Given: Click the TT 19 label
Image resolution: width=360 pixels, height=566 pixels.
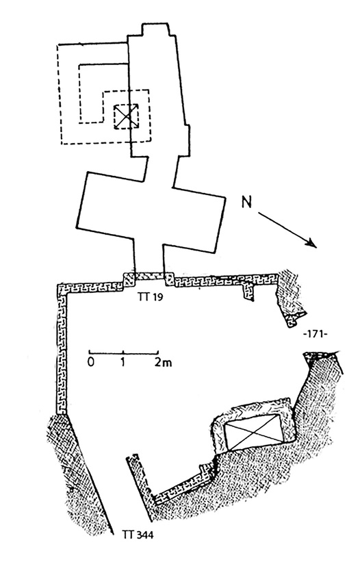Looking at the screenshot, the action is click(x=150, y=296).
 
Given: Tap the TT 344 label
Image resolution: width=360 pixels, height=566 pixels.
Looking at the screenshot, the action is click(x=138, y=535).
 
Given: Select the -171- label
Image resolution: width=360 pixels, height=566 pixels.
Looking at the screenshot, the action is click(x=315, y=334).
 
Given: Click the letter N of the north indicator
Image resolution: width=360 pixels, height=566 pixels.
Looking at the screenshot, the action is click(x=246, y=203).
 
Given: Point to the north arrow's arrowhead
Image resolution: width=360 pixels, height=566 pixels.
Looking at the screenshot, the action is click(x=311, y=244).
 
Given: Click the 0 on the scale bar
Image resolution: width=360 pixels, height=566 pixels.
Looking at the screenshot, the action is click(x=90, y=362).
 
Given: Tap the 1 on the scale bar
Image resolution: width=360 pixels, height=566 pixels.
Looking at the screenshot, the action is click(x=123, y=362).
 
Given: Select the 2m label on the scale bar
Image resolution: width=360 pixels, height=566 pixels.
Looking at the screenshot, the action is click(x=163, y=363).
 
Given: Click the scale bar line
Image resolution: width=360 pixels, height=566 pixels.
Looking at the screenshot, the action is click(x=123, y=352).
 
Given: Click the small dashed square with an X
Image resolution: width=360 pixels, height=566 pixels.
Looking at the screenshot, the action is click(x=126, y=116).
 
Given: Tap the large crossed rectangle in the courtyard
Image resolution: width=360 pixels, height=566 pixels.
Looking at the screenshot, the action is click(x=255, y=433).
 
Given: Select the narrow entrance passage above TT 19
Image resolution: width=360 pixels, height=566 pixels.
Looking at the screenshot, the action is click(x=149, y=257).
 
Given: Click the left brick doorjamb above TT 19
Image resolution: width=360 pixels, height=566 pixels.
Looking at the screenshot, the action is click(x=129, y=279).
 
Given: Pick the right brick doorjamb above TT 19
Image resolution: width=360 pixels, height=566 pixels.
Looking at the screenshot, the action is click(x=168, y=279).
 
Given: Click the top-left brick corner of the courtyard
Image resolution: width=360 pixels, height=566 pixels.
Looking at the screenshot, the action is click(x=62, y=289).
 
